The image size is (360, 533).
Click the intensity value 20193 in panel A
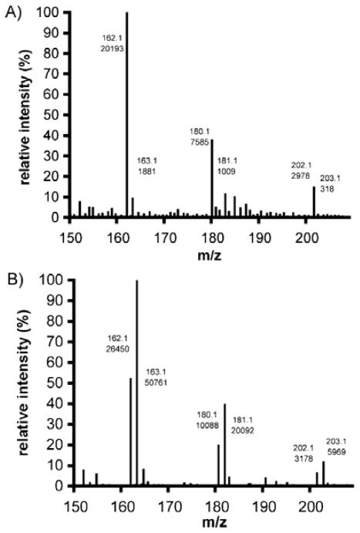(113, 48)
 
